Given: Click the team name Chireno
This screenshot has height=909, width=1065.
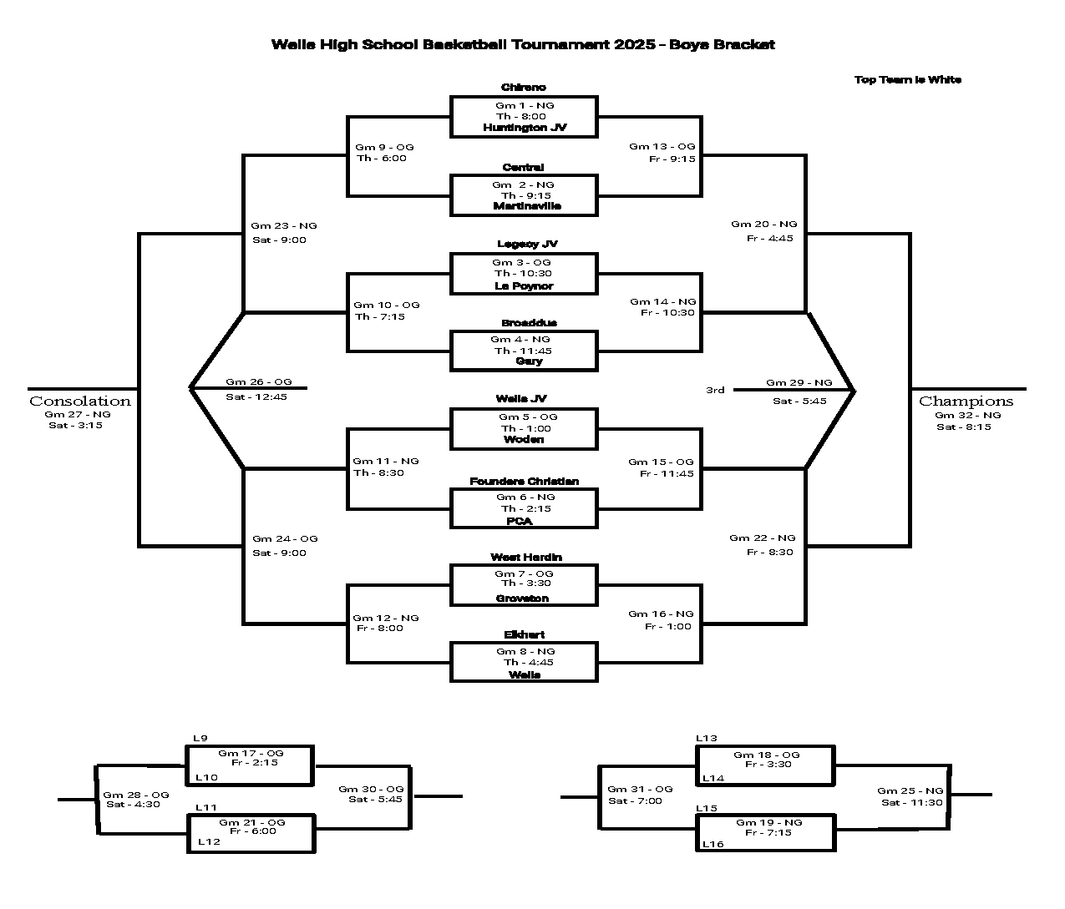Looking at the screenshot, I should tap(524, 88).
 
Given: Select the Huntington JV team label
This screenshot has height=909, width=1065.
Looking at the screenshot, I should tap(525, 128).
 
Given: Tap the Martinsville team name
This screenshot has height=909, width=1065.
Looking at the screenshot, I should tap(527, 206).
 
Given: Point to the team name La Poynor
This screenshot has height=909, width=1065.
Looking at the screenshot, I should tap(524, 286).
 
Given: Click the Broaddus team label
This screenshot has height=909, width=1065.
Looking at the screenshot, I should tap(529, 323).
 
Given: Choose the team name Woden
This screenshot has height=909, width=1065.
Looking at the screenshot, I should tap(524, 440).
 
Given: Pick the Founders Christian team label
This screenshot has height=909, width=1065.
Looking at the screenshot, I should tap(524, 482).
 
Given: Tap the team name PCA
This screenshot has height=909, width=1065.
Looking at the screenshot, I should tap(520, 522).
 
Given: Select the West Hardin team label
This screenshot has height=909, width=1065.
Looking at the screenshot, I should tap(526, 558).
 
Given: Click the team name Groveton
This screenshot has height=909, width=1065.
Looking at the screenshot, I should tap(523, 598).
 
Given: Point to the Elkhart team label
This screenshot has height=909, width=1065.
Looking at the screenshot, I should tap(525, 635).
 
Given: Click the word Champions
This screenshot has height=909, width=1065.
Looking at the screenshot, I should tap(966, 401).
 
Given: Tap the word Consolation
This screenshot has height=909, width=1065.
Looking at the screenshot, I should tap(80, 401).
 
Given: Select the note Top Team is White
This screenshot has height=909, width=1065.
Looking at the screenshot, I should tap(908, 80).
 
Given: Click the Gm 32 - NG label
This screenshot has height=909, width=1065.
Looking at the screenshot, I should tap(967, 415).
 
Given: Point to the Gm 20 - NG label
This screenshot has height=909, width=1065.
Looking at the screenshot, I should tap(764, 225).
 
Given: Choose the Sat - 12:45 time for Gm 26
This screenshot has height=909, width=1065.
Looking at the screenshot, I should tap(256, 397).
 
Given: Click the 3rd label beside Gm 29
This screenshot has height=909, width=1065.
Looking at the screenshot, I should tap(715, 390).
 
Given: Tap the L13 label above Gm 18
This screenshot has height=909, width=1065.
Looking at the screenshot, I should tap(707, 739).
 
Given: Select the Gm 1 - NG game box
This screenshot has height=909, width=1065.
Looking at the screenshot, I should tap(524, 116).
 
